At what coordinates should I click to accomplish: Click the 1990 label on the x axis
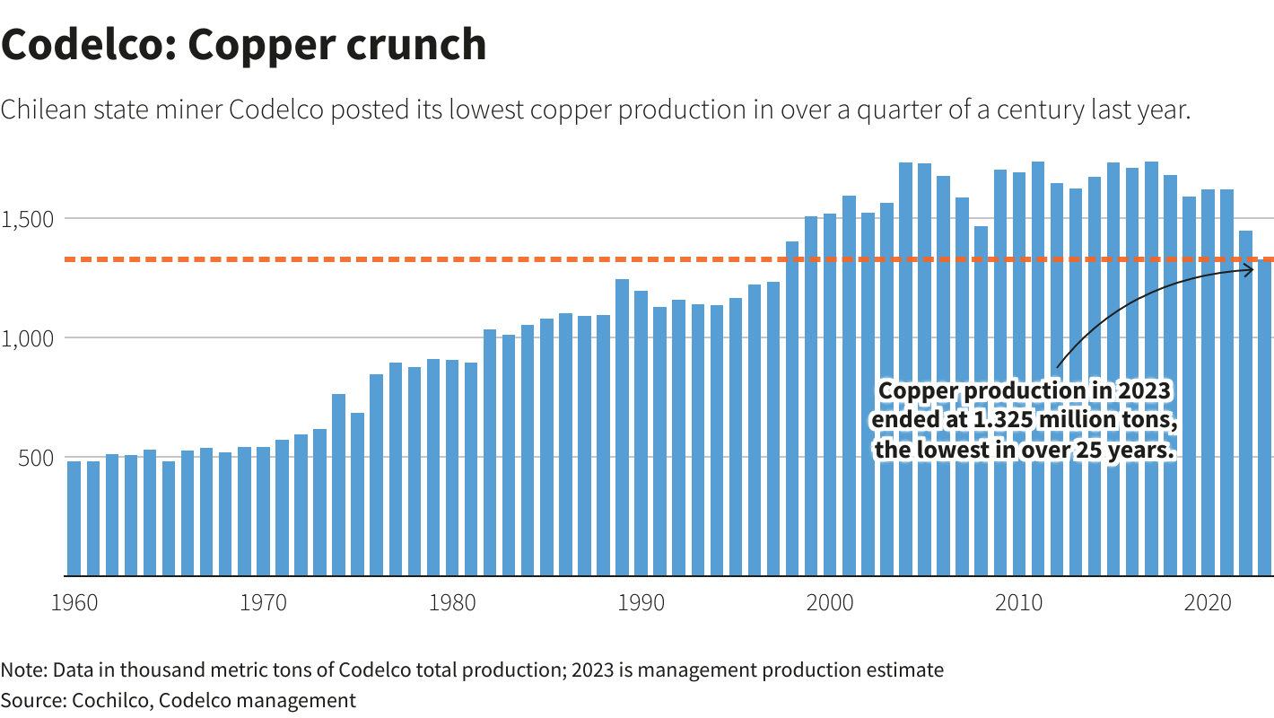641,602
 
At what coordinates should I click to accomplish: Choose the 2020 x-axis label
1208,602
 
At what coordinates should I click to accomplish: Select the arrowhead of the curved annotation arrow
1249,269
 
